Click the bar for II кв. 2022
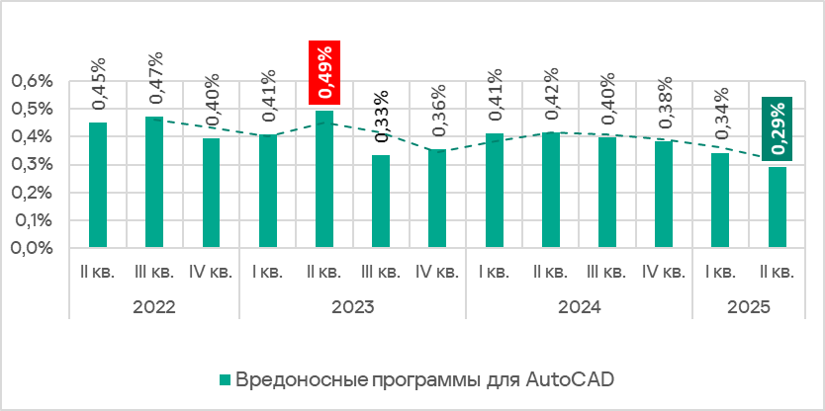(x=98, y=185)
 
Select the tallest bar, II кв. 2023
(x=324, y=179)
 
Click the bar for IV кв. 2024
(x=664, y=195)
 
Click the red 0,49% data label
(x=324, y=72)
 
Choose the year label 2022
(x=153, y=306)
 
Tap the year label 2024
(x=579, y=306)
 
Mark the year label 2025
(x=749, y=306)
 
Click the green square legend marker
(x=224, y=379)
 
